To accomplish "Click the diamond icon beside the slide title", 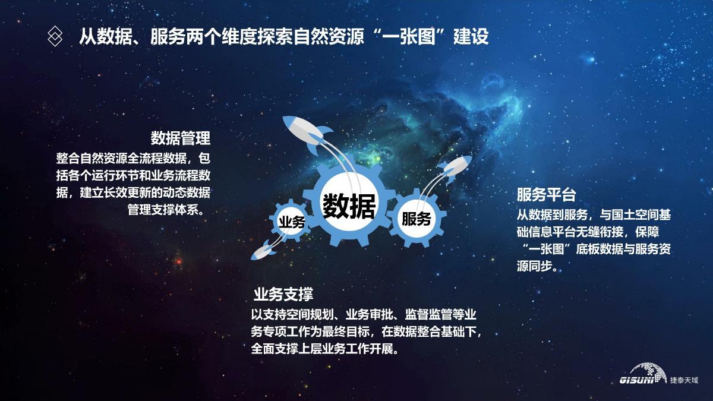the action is [55, 36].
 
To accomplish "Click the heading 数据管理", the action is [181, 138].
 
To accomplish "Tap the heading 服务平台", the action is [546, 194].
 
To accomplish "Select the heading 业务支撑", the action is [283, 295].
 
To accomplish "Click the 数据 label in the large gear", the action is [349, 206].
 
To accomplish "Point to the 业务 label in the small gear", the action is [292, 222].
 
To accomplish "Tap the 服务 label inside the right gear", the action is [417, 219].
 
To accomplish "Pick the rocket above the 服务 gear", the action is [455, 168].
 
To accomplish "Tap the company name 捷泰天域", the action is [684, 380].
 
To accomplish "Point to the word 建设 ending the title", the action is [471, 37].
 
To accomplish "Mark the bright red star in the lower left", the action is [179, 262].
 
